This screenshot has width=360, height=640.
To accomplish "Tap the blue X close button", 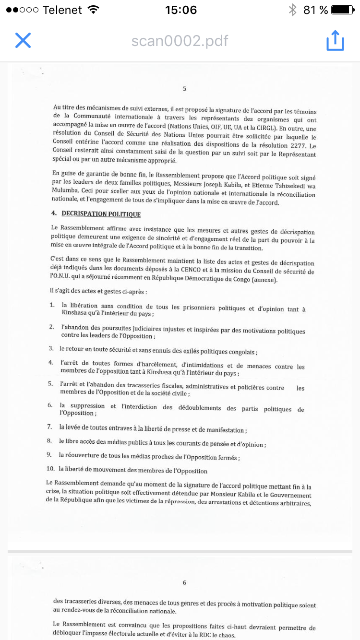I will click(23, 40).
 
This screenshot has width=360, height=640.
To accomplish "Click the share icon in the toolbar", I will click(335, 40).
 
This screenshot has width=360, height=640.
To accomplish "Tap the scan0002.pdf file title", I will click(180, 41).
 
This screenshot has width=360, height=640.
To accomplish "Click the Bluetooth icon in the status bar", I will click(292, 10).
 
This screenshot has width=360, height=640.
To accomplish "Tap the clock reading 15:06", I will click(180, 10).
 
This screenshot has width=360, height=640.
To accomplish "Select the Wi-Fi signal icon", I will click(94, 10).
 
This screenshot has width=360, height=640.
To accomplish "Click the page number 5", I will click(184, 89).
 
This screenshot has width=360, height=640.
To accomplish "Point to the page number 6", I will click(184, 582).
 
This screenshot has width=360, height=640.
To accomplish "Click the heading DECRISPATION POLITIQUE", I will click(101, 213).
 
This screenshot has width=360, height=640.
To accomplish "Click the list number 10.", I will click(50, 468).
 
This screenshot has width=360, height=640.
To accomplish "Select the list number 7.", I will click(49, 426).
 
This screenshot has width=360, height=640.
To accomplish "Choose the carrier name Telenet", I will click(62, 10).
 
